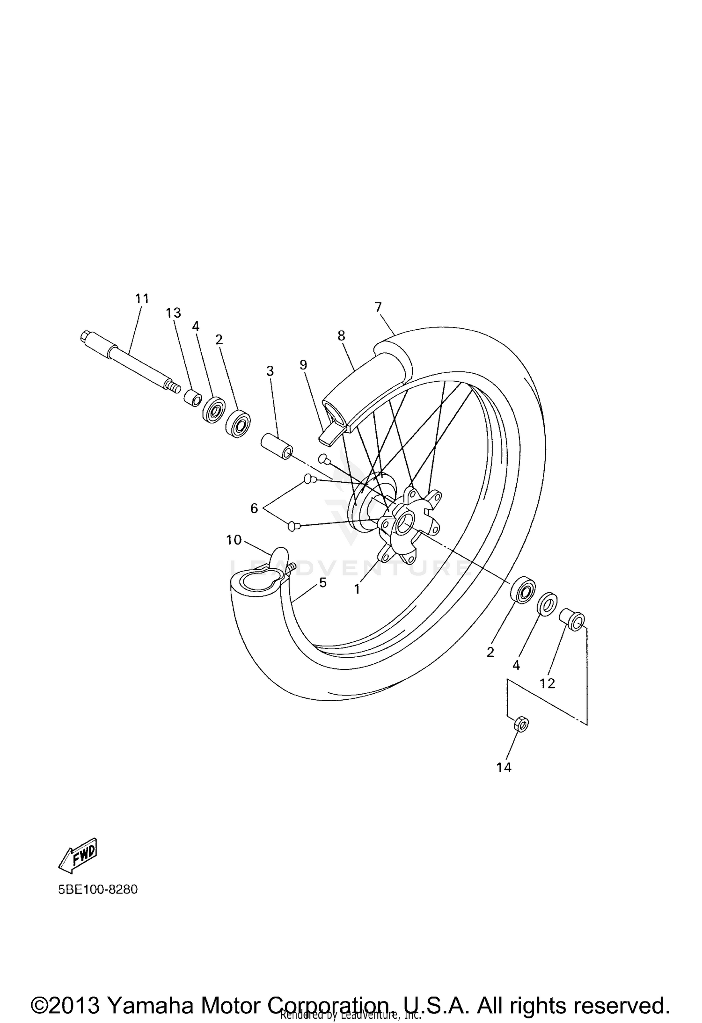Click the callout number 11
point(142,298)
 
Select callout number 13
point(173,313)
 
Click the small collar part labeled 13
point(192,399)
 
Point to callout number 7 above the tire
point(378,307)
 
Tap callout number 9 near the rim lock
point(303,364)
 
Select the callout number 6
point(254,508)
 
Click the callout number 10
point(234,540)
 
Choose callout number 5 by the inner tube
point(322,583)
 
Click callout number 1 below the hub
point(357,589)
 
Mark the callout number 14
point(504,768)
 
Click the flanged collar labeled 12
point(572,620)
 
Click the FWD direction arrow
point(78,855)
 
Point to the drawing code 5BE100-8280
point(98,889)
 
